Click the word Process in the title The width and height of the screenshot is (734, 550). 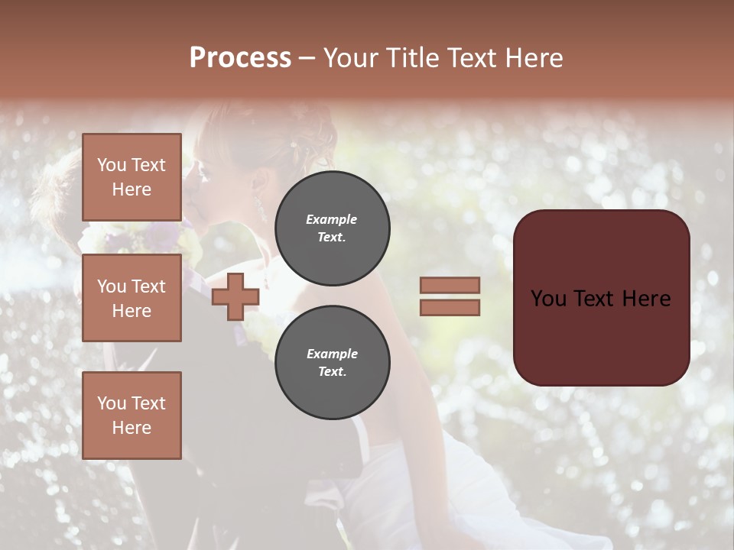coord(240,58)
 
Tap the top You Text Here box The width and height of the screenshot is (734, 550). coord(132,177)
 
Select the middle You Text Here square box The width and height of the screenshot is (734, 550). coord(132,298)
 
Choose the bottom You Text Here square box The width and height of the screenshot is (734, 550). coord(132,416)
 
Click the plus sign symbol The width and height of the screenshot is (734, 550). coord(235,297)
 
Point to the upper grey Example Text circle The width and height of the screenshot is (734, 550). coord(332,228)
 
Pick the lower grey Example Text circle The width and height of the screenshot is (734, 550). coord(332,363)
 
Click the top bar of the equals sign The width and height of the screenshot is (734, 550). coord(450,286)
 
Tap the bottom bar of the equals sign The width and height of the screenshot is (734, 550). coord(450,308)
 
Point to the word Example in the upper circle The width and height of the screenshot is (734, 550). coord(332,219)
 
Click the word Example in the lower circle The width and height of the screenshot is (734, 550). coord(332,354)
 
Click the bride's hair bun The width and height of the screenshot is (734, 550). coord(306,137)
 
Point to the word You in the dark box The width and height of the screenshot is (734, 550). coord(548,299)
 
